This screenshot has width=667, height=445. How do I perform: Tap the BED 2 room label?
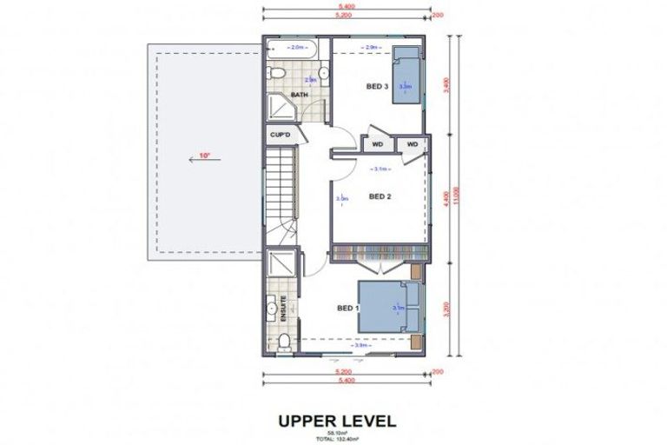tap(380, 196)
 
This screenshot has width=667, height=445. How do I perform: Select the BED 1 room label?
tap(348, 308)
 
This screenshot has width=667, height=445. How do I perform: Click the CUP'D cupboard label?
tap(279, 135)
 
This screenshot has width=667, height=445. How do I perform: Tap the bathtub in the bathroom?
tap(296, 48)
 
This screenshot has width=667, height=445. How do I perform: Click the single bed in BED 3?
tap(406, 76)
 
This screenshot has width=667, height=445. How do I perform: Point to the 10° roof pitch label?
tap(204, 156)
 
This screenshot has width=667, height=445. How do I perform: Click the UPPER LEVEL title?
tap(337, 422)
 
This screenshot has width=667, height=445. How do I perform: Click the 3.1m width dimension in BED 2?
tap(380, 169)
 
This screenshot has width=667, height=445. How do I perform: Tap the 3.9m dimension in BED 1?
tap(358, 345)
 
